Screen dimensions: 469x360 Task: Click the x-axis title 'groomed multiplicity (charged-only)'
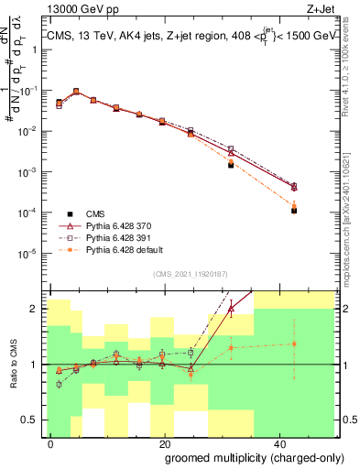pyautogui.click(x=242, y=456)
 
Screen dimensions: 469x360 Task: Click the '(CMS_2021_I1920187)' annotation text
pyautogui.click(x=190, y=273)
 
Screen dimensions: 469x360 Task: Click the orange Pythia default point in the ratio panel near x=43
pyautogui.click(x=294, y=344)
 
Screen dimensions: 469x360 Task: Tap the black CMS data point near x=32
pyautogui.click(x=231, y=165)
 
